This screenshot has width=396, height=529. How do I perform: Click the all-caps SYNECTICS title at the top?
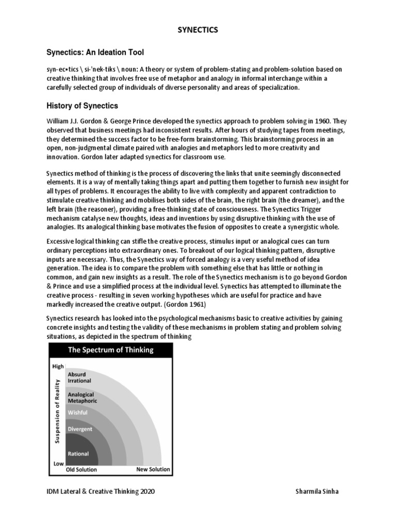(x=198, y=30)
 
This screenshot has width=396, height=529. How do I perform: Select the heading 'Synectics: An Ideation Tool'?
(x=95, y=52)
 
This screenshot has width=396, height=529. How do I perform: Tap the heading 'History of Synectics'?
(x=82, y=106)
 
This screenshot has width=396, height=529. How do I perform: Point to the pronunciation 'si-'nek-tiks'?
(x=103, y=69)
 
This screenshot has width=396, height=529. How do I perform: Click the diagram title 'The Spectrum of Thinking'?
(x=111, y=350)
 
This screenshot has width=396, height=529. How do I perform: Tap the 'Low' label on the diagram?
(x=58, y=463)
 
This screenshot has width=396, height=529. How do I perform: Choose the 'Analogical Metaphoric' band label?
(x=82, y=397)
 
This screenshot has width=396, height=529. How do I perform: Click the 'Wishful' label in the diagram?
(x=78, y=412)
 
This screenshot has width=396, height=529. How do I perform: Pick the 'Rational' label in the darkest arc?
(x=78, y=454)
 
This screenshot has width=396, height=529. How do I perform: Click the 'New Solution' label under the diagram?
(x=153, y=470)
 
